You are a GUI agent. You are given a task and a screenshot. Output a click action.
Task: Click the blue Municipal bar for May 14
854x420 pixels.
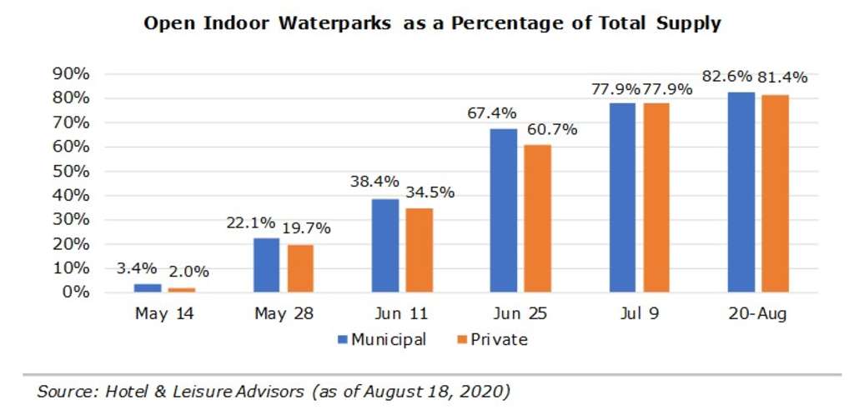pyautogui.click(x=148, y=287)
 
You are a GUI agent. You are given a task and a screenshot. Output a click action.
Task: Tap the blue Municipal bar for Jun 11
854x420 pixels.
pyautogui.click(x=384, y=246)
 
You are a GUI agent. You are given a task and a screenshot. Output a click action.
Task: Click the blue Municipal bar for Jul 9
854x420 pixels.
pyautogui.click(x=622, y=197)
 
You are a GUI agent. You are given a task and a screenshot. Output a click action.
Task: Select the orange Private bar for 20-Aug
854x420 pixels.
pyautogui.click(x=776, y=193)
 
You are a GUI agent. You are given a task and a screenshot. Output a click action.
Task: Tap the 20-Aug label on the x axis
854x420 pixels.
pyautogui.click(x=758, y=316)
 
